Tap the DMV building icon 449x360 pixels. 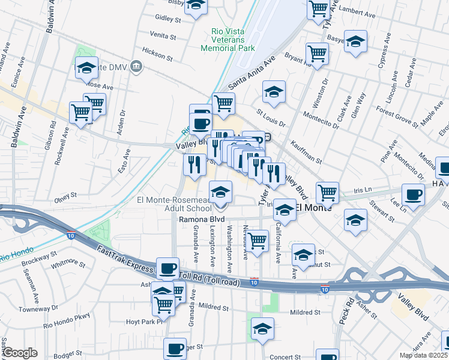click(x=136, y=65)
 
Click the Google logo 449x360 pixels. click(x=20, y=353)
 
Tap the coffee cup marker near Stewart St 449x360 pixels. click(x=413, y=194)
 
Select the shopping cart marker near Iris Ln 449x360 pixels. click(x=327, y=193)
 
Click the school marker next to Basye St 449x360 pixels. click(x=355, y=41)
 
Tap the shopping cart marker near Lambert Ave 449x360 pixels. click(x=318, y=8)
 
